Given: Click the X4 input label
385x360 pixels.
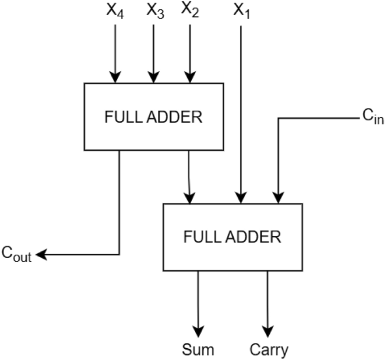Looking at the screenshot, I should point(115,11).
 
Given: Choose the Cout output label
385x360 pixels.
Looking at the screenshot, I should point(16,256).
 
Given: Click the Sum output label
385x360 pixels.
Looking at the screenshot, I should point(198,349).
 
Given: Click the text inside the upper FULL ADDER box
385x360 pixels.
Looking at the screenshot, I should point(153,118).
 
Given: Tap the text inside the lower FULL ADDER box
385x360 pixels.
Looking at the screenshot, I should point(232,237).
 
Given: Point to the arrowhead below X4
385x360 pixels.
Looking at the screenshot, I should point(115,77).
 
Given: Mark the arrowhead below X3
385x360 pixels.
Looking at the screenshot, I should point(152,77).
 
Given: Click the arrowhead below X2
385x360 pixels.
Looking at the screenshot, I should point(189,77).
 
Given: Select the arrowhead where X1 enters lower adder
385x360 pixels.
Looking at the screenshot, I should point(241,197).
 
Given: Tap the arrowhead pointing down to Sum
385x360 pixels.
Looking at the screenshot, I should point(198,328).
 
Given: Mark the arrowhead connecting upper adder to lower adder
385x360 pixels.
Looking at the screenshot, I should point(191,197).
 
